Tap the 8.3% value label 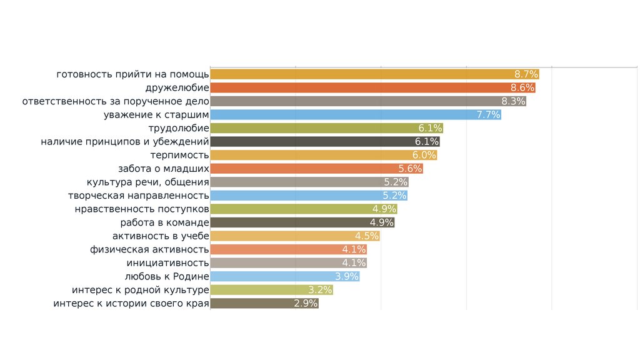click(513, 101)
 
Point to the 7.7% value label click(488, 115)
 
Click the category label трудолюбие click(178, 128)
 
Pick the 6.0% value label click(424, 155)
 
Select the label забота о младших click(163, 169)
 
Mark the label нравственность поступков click(142, 209)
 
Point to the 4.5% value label click(367, 236)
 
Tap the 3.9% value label click(347, 276)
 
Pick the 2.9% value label click(306, 304)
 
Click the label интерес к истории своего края click(131, 304)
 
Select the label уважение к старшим click(156, 115)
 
